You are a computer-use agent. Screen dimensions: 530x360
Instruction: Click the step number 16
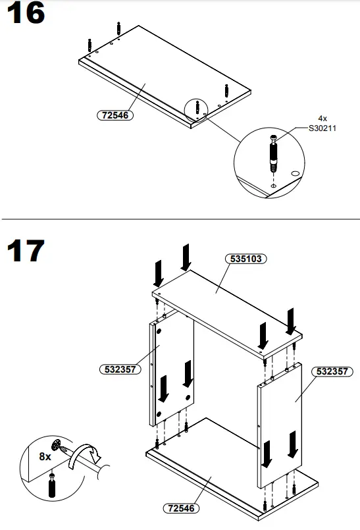pyautogui.click(x=25, y=15)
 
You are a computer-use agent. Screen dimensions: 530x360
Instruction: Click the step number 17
pyautogui.click(x=25, y=251)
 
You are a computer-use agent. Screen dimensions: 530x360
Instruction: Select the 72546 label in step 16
pyautogui.click(x=114, y=115)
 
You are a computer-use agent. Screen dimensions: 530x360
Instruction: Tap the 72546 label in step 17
pyautogui.click(x=181, y=508)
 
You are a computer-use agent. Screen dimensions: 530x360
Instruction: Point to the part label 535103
pyautogui.click(x=246, y=259)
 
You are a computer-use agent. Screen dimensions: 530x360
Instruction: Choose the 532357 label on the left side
pyautogui.click(x=120, y=369)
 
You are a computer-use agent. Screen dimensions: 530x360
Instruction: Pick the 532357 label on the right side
pyautogui.click(x=332, y=371)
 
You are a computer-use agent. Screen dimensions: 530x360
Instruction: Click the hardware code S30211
pyautogui.click(x=322, y=128)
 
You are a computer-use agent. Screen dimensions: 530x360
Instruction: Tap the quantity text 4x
pyautogui.click(x=322, y=119)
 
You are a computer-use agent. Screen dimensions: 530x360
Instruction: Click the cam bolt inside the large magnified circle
pyautogui.click(x=273, y=153)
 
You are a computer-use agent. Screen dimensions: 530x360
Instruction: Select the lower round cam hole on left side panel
pyautogui.click(x=159, y=413)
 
